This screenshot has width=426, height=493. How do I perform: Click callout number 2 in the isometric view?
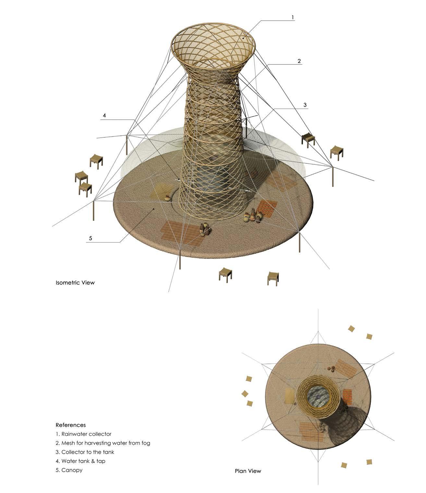click(x=299, y=61)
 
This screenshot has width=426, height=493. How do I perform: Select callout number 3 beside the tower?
click(x=305, y=105)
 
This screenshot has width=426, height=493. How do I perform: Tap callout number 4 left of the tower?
click(x=104, y=116)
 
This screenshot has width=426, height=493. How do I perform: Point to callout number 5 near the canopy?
click(x=91, y=238)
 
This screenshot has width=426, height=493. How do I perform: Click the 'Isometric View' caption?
click(x=75, y=283)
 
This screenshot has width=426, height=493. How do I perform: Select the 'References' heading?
click(x=71, y=425)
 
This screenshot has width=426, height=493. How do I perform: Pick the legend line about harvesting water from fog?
click(x=103, y=443)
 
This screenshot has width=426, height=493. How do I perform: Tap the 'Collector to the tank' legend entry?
click(x=85, y=452)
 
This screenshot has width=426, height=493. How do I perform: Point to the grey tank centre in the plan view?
click(x=318, y=397)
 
